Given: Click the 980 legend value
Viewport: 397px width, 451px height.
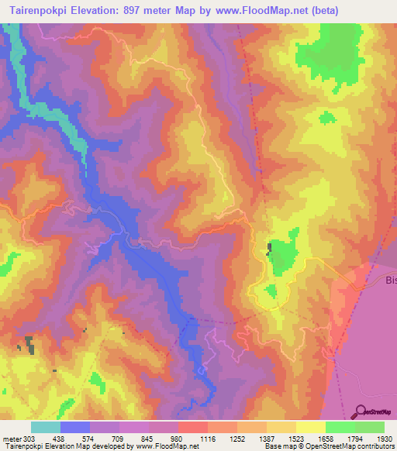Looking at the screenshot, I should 178,438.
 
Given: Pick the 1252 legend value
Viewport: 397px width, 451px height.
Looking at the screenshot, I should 236,438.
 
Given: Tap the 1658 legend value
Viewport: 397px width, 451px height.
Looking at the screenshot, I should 326,438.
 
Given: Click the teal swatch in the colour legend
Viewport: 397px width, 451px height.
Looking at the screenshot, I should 46,427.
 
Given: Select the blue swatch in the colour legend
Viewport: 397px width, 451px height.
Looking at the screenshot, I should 75,427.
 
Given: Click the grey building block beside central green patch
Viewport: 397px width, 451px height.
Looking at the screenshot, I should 270,248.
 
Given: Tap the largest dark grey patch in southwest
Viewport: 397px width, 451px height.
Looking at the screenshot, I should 29,346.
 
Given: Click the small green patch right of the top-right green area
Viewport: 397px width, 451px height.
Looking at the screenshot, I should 328,117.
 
